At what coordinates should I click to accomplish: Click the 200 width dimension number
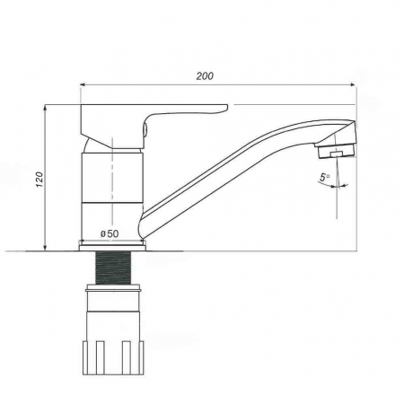(x=205, y=76)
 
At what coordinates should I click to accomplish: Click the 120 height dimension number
(x=40, y=180)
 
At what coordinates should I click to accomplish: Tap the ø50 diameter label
(x=110, y=233)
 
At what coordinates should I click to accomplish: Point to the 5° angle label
(x=324, y=177)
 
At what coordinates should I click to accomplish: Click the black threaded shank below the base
(x=113, y=268)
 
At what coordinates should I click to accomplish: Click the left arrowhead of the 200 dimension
(x=83, y=85)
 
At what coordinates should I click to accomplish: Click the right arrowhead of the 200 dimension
(x=353, y=85)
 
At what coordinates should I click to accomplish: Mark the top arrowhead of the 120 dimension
(x=45, y=108)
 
